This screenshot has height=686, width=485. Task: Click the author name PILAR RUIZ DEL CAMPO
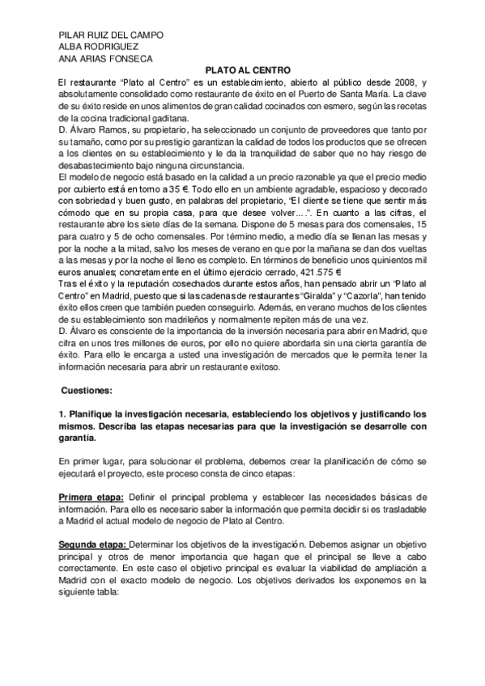click(112, 36)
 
